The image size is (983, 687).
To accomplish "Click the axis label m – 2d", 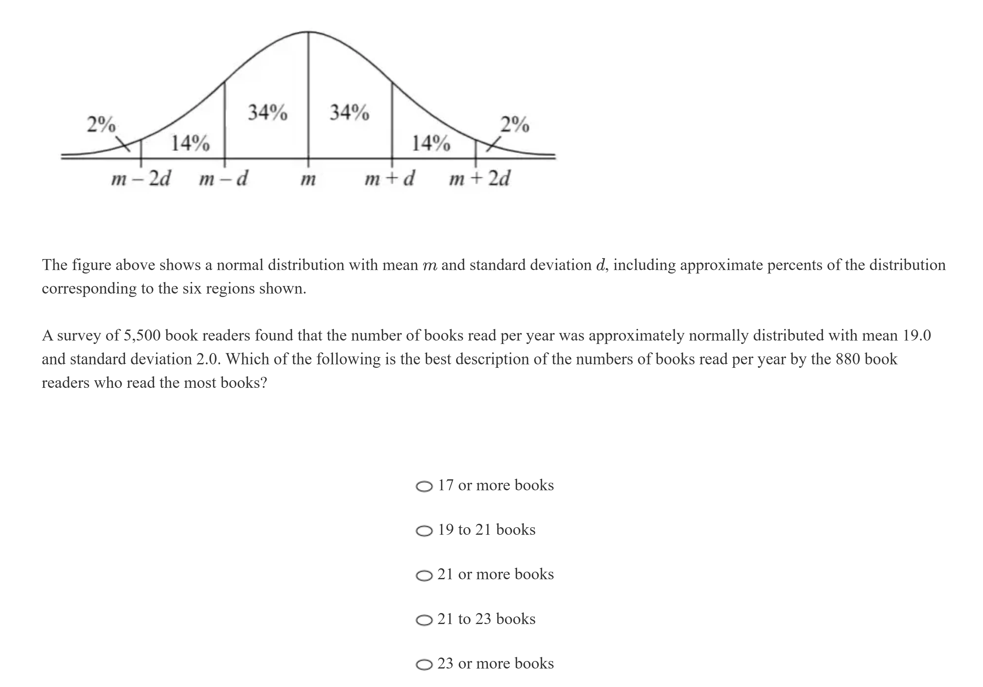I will click(140, 179).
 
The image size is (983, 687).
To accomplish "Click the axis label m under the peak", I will click(308, 180).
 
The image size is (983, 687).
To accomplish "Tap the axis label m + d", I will click(389, 179).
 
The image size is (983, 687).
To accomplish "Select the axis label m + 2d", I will click(479, 179).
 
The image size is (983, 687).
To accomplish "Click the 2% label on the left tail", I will click(101, 124).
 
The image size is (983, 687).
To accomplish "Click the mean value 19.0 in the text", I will click(917, 336).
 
